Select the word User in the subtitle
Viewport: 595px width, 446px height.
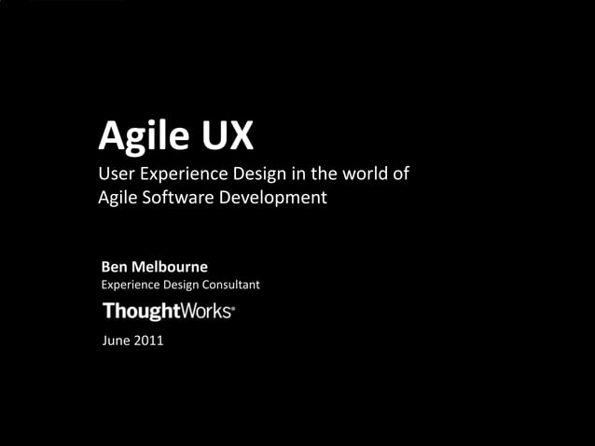click(116, 174)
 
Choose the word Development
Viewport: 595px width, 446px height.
click(277, 199)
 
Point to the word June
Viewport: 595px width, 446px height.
click(115, 341)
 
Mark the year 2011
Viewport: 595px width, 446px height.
click(148, 341)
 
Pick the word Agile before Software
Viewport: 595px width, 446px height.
click(118, 199)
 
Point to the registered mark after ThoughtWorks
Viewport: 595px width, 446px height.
click(233, 307)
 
